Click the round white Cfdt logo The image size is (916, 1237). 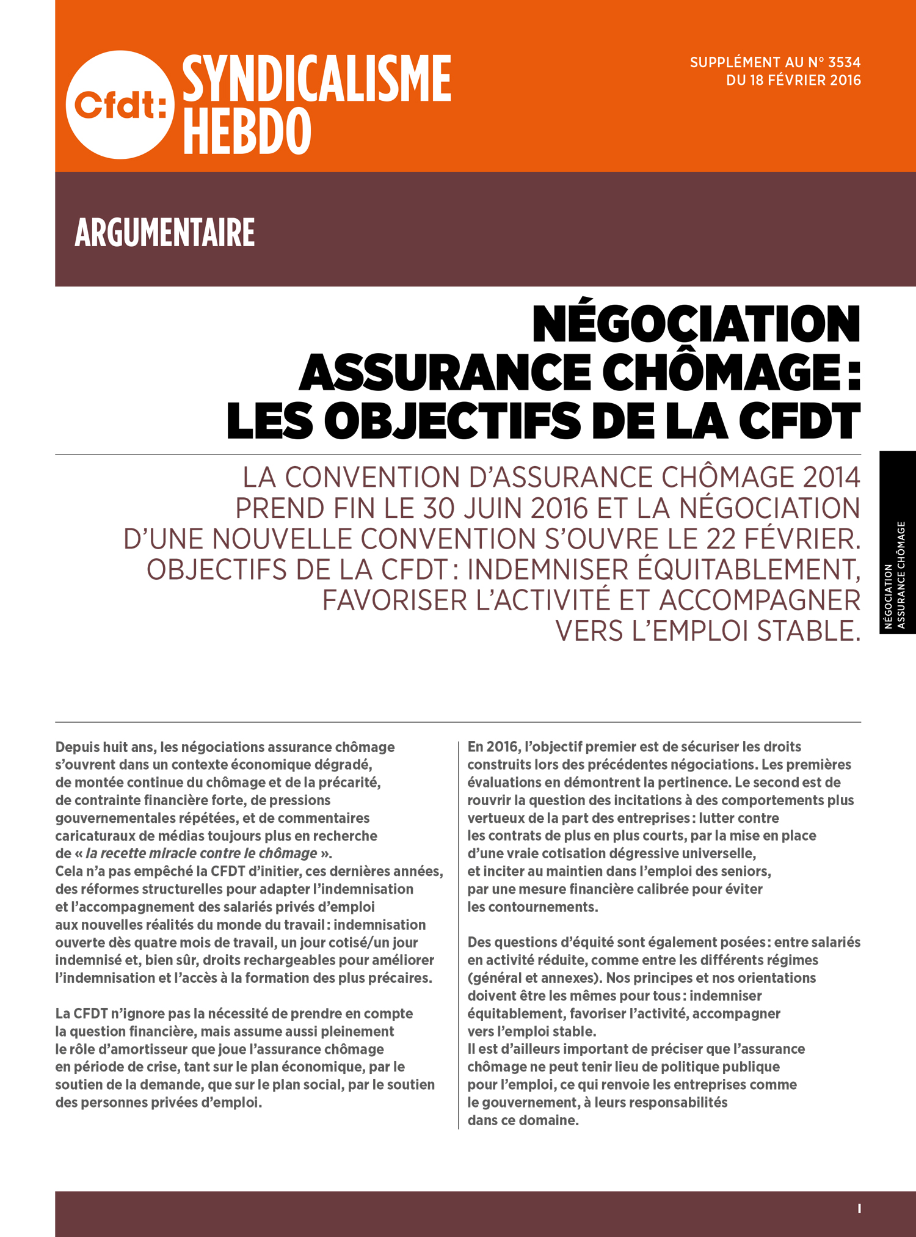[x=120, y=104]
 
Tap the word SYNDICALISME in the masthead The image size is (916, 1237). [x=316, y=79]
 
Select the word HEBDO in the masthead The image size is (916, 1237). [x=247, y=131]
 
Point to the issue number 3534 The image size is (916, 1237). [x=844, y=62]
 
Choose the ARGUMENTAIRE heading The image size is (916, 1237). [x=164, y=233]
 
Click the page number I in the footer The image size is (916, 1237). [x=859, y=1208]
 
